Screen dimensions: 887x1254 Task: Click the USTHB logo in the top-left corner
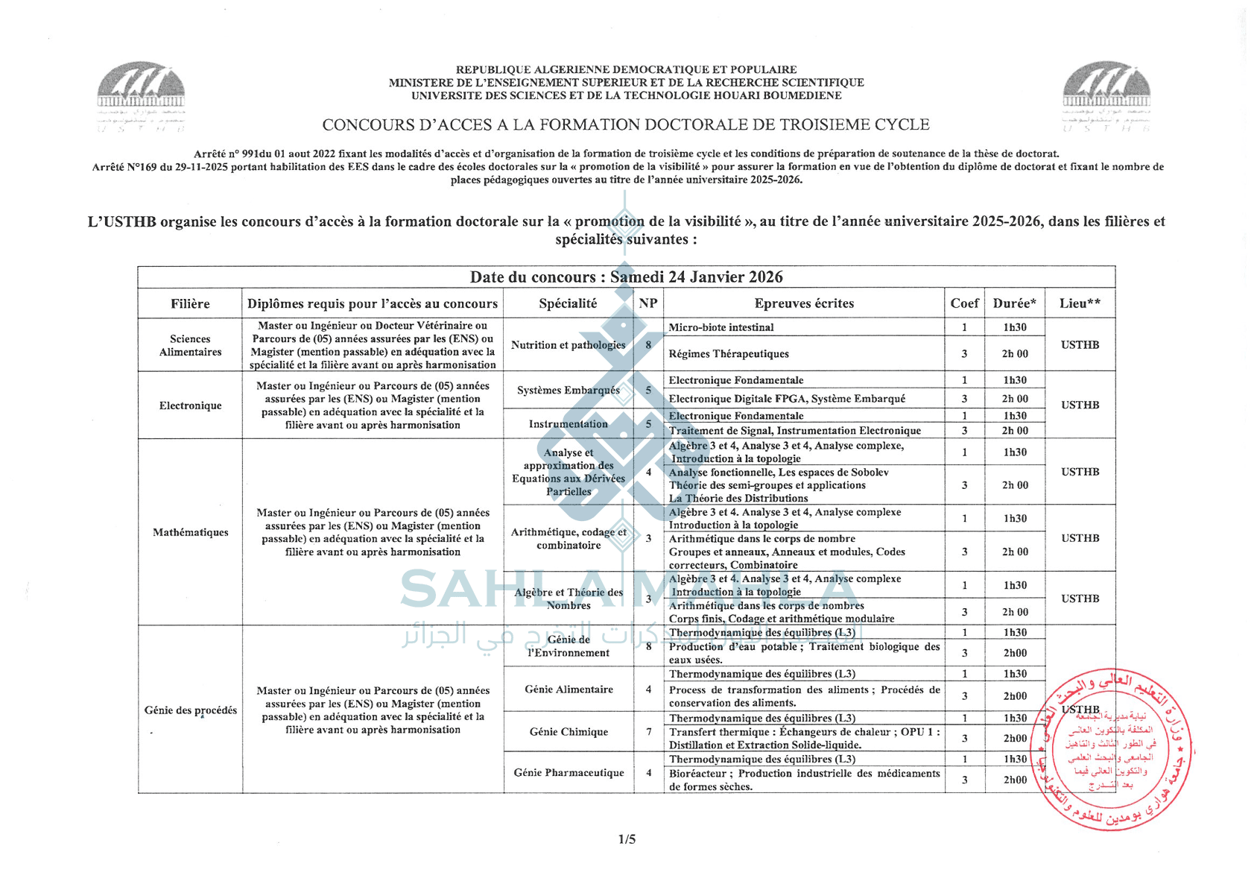coord(141,95)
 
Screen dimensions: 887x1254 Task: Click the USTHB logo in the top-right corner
coord(1106,95)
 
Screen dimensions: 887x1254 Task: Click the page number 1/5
coord(627,839)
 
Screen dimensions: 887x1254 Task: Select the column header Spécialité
coord(568,303)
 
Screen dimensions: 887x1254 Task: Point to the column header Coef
coord(964,303)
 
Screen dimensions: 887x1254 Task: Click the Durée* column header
coord(1014,303)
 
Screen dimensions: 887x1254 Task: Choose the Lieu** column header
coord(1080,303)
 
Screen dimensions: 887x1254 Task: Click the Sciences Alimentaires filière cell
coord(190,345)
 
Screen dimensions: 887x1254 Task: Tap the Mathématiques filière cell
coord(190,532)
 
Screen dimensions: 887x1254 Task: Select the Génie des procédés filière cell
coord(190,710)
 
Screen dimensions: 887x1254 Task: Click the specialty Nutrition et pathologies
coord(568,345)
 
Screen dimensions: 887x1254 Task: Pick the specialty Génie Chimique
coord(569,732)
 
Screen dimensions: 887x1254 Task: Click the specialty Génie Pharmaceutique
coord(569,773)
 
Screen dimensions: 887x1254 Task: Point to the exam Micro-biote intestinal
coord(721,327)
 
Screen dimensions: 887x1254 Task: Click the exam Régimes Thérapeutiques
coord(728,354)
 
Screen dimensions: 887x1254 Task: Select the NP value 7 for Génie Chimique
coord(648,732)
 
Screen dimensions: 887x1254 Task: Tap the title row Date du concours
coord(626,277)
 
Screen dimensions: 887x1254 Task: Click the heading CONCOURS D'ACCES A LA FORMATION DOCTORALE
coord(626,124)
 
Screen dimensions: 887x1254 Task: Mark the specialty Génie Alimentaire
coord(569,689)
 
